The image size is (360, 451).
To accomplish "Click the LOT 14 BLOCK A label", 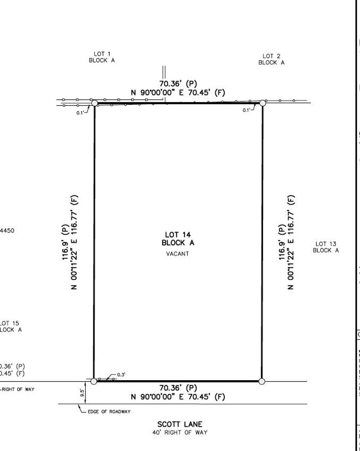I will coord(178,239).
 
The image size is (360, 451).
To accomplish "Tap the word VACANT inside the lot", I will coord(178,254).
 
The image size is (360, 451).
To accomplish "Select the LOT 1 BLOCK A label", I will coord(102,57).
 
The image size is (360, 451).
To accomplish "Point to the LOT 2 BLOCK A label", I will coord(271,59).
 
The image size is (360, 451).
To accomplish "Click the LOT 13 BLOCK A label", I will coord(326,247).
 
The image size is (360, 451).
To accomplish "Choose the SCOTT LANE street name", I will coord(180,424).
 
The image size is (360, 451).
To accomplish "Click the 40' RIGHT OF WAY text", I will coord(180,432).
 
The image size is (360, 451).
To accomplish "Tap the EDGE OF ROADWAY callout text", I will coord(109,412).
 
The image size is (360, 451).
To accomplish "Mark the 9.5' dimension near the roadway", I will coord(82,393).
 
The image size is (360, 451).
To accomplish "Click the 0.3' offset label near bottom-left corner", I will coord(121,375).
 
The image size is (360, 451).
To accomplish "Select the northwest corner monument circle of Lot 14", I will coord(94,103).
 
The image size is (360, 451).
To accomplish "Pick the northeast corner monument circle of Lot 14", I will coord(262,103).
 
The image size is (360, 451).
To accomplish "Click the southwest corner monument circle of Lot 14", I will coord(94,381).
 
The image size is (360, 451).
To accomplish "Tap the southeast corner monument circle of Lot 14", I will coord(262,381).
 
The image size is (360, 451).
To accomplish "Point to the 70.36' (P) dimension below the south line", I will coord(178,388).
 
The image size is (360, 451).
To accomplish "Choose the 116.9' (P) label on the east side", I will coord(281,242).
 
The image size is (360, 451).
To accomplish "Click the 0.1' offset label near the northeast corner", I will coord(246,110).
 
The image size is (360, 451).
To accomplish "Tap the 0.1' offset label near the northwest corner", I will coord(80,113).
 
